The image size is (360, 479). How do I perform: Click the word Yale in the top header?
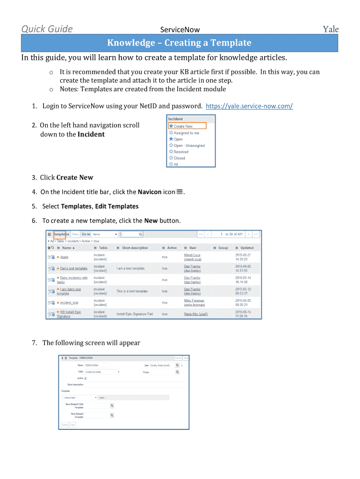point(331,29)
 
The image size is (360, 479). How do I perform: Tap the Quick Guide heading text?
point(47,29)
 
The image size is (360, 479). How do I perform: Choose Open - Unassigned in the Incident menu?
point(189,145)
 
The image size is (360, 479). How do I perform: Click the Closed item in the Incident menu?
point(179,158)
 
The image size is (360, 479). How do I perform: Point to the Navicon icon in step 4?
point(180,192)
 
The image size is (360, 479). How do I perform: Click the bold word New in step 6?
point(151,221)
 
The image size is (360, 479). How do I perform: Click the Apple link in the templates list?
point(64,257)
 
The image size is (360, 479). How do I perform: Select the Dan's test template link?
point(73,269)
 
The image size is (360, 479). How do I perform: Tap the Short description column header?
point(135,248)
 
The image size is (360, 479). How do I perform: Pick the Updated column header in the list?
point(247,248)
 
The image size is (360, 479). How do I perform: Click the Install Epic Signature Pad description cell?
point(135,314)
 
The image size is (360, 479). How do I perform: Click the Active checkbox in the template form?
point(86,378)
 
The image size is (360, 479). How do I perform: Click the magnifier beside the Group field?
point(177,372)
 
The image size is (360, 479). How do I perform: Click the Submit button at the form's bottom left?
point(64,425)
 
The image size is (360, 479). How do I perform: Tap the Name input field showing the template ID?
point(97,365)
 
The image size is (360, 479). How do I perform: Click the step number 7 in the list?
point(35,343)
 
